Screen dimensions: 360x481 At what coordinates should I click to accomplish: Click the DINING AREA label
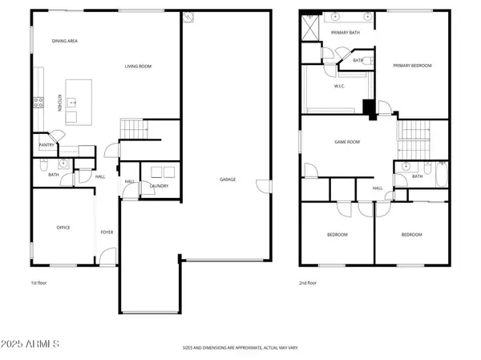[x=65, y=41]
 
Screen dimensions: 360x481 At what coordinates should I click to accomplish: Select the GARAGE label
[x=227, y=180]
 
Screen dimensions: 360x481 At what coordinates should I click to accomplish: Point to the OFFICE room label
[x=63, y=228]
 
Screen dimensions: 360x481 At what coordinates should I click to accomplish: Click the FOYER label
[x=107, y=233]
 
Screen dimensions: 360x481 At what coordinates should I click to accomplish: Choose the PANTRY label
[x=46, y=145]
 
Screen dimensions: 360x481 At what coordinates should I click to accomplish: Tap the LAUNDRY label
[x=159, y=186]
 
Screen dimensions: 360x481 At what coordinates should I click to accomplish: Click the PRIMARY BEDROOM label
[x=413, y=67]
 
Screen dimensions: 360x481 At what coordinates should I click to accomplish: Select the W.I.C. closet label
[x=339, y=86]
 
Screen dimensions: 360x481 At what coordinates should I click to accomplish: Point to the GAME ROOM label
[x=347, y=141]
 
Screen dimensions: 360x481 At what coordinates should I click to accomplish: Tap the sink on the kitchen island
[x=71, y=102]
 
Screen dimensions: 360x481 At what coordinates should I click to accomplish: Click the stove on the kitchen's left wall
[x=36, y=102]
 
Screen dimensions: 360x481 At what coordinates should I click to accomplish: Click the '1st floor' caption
[x=39, y=283]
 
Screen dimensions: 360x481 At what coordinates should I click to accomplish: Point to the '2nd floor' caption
[x=307, y=283]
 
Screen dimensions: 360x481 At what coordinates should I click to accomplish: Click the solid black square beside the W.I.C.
[x=369, y=107]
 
